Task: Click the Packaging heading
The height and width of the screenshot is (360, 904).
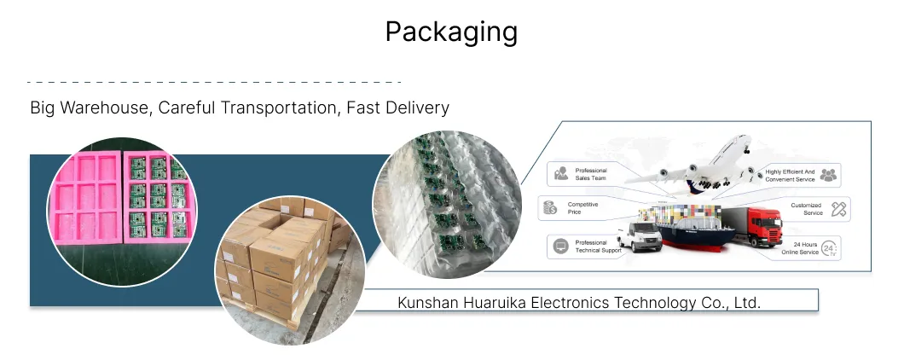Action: click(x=451, y=32)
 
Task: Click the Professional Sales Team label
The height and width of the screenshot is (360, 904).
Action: click(x=591, y=174)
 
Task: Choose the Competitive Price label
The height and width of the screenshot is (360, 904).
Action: click(x=582, y=208)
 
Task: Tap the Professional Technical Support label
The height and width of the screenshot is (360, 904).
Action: click(x=599, y=247)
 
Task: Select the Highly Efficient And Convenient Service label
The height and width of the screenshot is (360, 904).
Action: click(x=790, y=176)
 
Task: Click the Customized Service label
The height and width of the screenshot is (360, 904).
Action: click(x=806, y=209)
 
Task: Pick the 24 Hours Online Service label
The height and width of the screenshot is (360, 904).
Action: click(x=800, y=248)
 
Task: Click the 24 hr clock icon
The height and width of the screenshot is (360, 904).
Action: click(x=829, y=248)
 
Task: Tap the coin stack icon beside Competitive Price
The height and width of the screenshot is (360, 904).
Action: click(x=550, y=207)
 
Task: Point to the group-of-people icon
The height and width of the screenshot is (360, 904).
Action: click(x=828, y=175)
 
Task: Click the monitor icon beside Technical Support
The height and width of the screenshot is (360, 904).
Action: click(x=560, y=247)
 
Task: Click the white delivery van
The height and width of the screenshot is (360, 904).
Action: click(x=640, y=236)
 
